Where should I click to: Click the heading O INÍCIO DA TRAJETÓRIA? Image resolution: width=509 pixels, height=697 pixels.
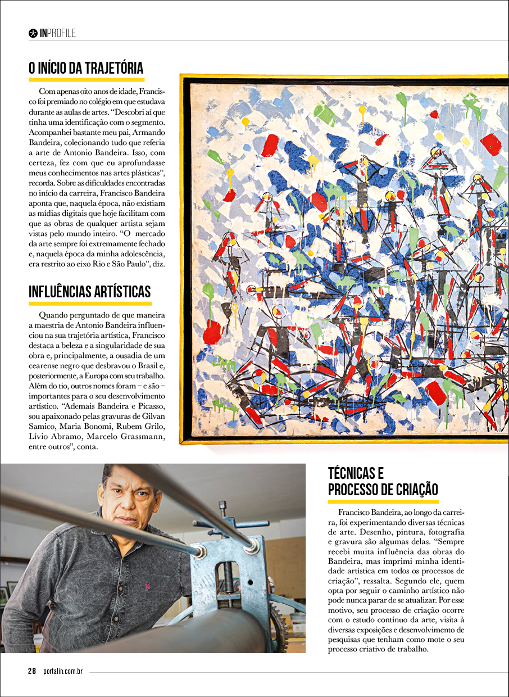(86, 69)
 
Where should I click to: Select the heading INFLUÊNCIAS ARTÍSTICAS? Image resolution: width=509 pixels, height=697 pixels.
(90, 292)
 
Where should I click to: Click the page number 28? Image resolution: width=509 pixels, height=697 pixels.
(32, 671)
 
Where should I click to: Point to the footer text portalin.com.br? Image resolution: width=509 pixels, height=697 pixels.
(63, 671)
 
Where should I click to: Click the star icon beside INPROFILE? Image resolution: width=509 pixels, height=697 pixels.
(33, 33)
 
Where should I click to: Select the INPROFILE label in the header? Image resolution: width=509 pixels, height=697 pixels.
(58, 33)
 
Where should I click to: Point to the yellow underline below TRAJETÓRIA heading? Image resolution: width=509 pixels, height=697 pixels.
(86, 80)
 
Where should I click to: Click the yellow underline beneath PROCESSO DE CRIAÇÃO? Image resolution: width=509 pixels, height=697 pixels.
(383, 501)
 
